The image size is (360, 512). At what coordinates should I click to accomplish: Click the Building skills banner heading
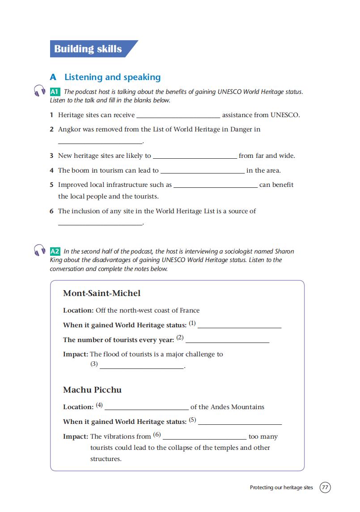pyautogui.click(x=88, y=49)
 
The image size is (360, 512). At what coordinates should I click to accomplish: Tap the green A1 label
pyautogui.click(x=55, y=92)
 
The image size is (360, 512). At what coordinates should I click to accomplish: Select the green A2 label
pyautogui.click(x=55, y=251)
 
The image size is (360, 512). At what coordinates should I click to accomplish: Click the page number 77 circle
pyautogui.click(x=325, y=487)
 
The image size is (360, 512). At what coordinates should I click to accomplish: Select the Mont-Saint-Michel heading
pyautogui.click(x=102, y=293)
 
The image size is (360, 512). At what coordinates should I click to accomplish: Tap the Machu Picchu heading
pyautogui.click(x=92, y=390)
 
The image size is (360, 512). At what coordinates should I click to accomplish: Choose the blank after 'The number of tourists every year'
pyautogui.click(x=227, y=342)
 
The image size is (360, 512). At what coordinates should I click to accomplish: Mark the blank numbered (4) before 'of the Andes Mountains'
pyautogui.click(x=146, y=408)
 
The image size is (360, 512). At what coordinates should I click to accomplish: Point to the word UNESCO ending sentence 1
pyautogui.click(x=285, y=115)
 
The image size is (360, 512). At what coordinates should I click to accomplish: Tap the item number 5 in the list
pyautogui.click(x=52, y=185)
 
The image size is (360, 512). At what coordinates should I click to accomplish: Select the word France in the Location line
pyautogui.click(x=190, y=310)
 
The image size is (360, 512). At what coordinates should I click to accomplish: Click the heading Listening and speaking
pyautogui.click(x=112, y=77)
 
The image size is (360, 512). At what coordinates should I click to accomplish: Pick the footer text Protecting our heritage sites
pyautogui.click(x=281, y=487)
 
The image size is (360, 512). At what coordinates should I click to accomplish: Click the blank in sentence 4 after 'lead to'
pyautogui.click(x=202, y=171)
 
